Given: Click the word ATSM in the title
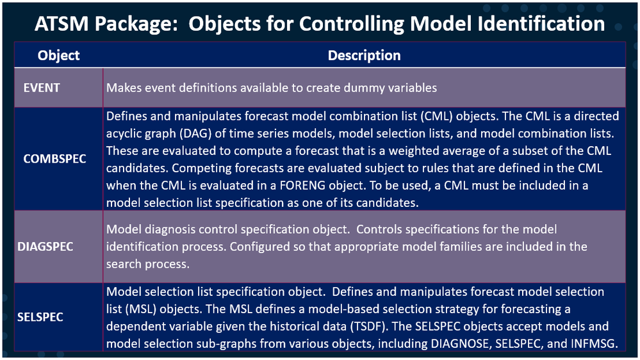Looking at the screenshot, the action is (x=62, y=24).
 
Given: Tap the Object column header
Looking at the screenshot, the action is (x=58, y=56).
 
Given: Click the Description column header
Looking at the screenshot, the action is (x=364, y=56).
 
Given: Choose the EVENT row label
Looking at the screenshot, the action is (x=42, y=88).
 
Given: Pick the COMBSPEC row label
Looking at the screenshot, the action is (x=54, y=159).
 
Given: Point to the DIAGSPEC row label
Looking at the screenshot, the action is (x=45, y=247).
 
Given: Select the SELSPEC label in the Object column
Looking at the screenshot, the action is (x=40, y=317).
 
